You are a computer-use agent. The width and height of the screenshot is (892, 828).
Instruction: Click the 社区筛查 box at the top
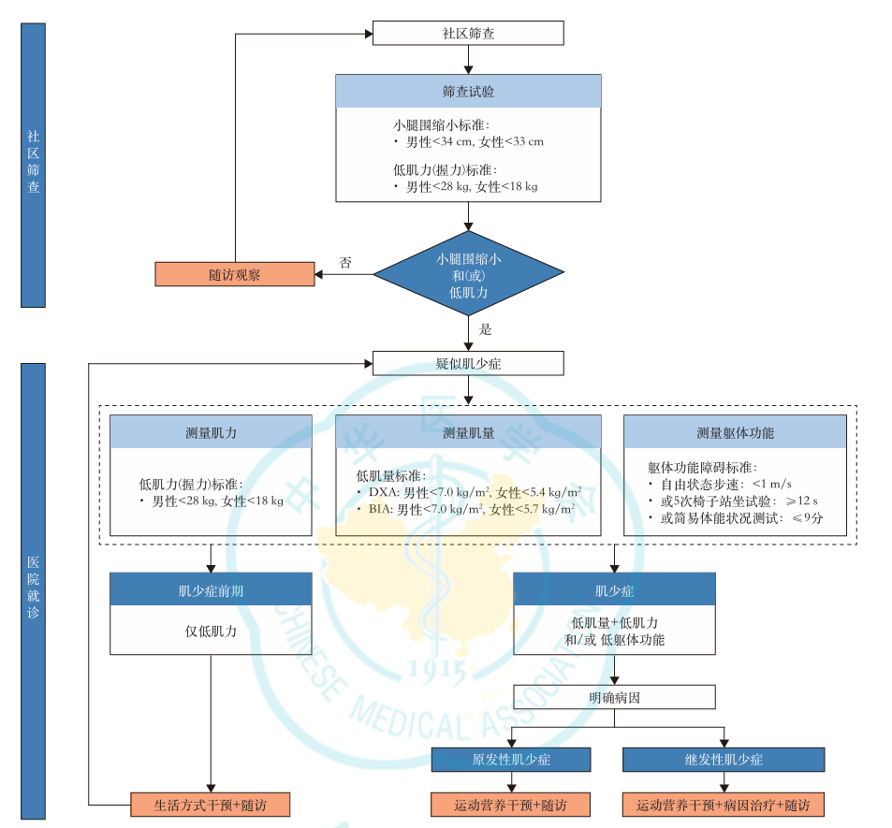click(x=468, y=34)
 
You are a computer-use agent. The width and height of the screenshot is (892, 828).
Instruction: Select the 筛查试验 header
click(x=468, y=92)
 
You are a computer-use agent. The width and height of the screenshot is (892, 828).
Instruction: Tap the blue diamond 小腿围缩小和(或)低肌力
click(x=468, y=275)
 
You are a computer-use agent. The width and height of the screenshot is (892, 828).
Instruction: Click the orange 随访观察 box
click(x=234, y=274)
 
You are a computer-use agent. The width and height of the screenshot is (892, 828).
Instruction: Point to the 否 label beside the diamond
click(x=345, y=264)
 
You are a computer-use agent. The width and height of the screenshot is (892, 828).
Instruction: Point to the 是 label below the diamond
click(x=485, y=329)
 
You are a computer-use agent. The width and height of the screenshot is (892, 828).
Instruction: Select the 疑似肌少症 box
click(x=468, y=363)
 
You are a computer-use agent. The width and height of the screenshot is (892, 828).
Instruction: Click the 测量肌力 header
click(x=211, y=433)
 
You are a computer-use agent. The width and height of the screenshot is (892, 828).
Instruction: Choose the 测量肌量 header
click(x=468, y=433)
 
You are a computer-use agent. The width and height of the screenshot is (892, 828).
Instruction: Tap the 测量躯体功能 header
click(x=735, y=433)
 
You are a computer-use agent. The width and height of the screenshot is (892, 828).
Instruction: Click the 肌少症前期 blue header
click(x=211, y=590)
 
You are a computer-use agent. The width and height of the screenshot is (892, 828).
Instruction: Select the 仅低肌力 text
click(x=211, y=632)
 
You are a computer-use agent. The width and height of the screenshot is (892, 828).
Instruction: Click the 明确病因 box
click(x=614, y=697)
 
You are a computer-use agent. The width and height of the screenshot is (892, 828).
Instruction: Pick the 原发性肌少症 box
click(x=511, y=759)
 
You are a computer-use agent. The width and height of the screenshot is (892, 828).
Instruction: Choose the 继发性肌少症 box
click(x=724, y=759)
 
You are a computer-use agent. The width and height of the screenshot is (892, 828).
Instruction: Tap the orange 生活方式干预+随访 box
click(x=211, y=805)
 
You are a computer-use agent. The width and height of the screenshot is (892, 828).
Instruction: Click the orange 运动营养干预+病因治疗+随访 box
click(x=724, y=805)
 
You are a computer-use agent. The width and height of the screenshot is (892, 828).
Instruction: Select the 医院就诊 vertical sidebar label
click(x=34, y=589)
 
